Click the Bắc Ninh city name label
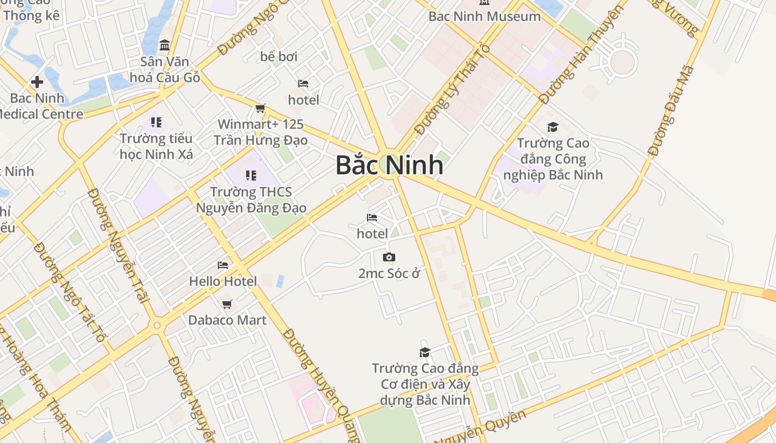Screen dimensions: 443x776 pos(389,165)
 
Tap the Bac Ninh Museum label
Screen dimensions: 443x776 pos(484,16)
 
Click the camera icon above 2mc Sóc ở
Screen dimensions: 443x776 pos(389,257)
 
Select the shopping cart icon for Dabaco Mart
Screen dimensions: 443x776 pos(227,304)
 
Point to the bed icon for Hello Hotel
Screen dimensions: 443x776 pos(223,265)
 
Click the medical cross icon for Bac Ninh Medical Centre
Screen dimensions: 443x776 pos(37,83)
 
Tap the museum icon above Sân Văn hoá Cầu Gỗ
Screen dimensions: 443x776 pos(164,45)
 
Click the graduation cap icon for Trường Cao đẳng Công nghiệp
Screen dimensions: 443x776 pos(553,127)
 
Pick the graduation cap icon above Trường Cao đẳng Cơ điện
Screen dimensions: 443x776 pos(425,352)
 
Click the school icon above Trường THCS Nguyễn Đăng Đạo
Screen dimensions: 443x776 pos(251,176)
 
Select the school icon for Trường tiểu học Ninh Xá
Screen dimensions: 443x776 pos(156,122)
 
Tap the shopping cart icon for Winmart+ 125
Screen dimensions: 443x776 pos(260,108)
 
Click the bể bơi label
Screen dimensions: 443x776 pos(279,56)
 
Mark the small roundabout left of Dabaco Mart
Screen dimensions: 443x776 pos(157,325)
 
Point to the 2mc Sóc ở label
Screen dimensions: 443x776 pos(390,274)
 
